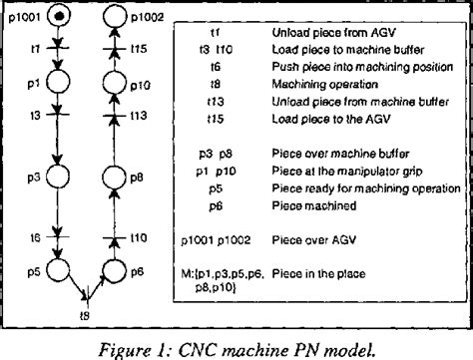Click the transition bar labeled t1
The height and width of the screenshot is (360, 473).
tap(59, 48)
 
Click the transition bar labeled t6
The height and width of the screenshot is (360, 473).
tap(59, 237)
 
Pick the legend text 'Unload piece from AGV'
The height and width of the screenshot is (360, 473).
tap(320, 32)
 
